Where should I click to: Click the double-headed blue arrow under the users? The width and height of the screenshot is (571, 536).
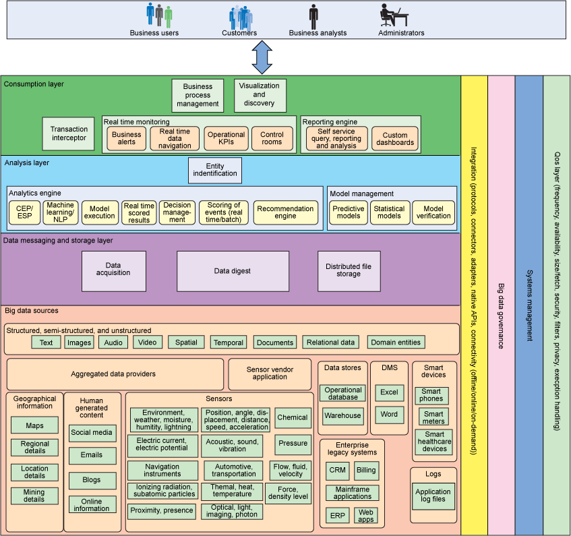(x=261, y=57)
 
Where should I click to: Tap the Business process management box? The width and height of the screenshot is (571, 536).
(x=198, y=95)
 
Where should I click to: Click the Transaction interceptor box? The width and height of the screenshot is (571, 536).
(x=69, y=133)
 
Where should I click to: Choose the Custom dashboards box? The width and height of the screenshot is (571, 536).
(x=395, y=139)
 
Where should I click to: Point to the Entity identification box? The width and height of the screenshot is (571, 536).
(x=216, y=170)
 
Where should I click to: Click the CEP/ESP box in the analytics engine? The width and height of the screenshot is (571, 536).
(x=24, y=213)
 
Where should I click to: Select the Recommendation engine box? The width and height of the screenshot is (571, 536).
(x=285, y=213)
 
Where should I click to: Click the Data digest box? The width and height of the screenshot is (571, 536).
(x=233, y=271)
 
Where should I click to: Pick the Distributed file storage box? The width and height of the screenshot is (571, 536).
(x=349, y=271)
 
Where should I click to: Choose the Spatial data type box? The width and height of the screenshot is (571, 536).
(x=186, y=343)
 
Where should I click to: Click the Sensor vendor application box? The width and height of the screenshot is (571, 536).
(x=270, y=374)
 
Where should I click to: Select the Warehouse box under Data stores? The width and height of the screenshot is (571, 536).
(x=343, y=415)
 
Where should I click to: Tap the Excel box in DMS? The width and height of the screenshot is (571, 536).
(x=389, y=392)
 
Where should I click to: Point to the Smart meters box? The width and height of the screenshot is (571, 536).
(x=433, y=417)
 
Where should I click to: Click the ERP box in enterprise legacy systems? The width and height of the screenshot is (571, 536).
(x=336, y=516)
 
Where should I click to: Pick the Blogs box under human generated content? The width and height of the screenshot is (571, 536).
(x=92, y=480)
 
